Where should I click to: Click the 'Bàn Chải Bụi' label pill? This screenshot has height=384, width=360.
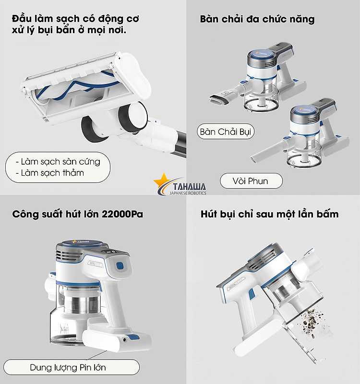226,132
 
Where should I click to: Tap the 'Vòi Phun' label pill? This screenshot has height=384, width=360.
251,181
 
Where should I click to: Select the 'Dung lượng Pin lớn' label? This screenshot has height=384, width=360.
72,367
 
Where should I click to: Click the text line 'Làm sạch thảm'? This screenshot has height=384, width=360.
52,173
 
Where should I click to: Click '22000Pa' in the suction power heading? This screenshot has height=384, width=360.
122,214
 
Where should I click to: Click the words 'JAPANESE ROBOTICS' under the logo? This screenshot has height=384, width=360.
188,193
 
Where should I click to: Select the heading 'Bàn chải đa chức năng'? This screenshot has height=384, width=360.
257,19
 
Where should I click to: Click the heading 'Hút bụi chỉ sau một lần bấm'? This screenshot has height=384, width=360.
269,214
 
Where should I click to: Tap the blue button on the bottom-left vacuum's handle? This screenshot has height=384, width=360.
120,266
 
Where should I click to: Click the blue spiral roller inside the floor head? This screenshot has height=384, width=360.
73,86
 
